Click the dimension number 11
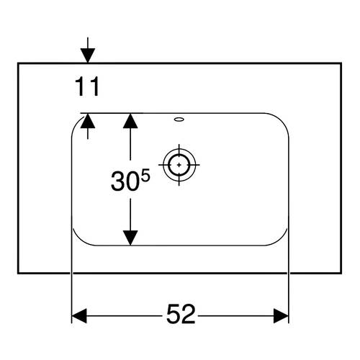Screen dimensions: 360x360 click(87, 86)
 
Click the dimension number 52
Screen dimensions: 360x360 click(181, 314)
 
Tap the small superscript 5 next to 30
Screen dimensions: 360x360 click(145, 175)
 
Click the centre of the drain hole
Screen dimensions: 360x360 click(179, 165)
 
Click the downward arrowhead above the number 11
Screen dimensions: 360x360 click(88, 55)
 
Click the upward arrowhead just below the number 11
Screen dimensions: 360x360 click(88, 121)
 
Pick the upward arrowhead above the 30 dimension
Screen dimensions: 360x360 click(130, 121)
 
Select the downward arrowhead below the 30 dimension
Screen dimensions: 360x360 click(130, 238)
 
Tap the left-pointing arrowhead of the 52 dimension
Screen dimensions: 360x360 click(79, 316)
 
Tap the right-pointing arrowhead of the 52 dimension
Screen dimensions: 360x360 click(281, 316)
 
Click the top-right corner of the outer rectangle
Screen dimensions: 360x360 click(341, 63)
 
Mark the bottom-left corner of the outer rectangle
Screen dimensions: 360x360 click(18, 273)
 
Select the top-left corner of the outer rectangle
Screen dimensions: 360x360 click(18, 63)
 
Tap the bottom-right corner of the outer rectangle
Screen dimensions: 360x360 click(341, 273)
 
